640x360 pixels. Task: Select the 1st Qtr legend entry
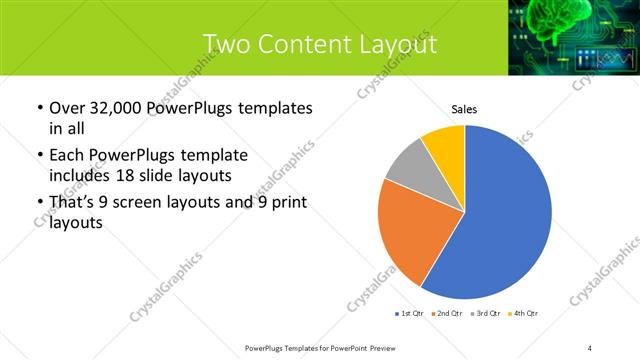(x=410, y=314)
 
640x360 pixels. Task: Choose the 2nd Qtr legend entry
(x=446, y=314)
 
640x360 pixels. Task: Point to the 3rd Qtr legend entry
(x=484, y=314)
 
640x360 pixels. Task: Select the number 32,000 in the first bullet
(x=118, y=107)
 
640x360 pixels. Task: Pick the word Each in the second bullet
(x=66, y=155)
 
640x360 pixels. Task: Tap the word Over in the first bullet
(x=66, y=107)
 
